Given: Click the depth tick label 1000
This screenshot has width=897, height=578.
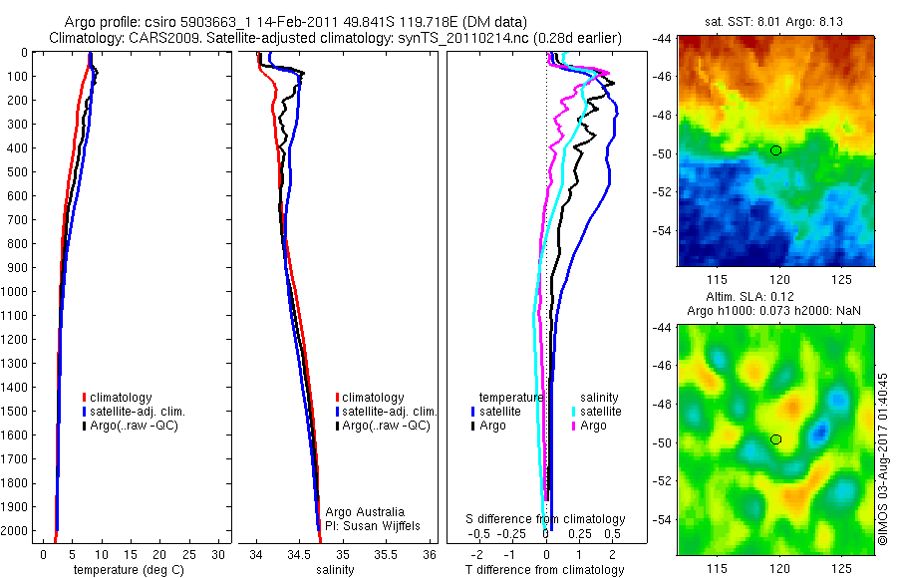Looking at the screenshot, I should coord(18,292).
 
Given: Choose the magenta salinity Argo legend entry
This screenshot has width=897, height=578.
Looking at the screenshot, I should coord(593,426).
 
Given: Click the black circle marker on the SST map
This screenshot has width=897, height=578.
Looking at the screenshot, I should coord(776,150).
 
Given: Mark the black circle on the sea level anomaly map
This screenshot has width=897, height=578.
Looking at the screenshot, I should coord(776,439).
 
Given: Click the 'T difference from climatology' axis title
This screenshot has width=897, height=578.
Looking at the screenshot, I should coord(546,570).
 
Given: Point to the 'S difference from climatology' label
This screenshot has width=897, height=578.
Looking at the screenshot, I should coord(546,519).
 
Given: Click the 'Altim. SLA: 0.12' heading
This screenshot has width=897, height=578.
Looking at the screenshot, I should coord(776,299).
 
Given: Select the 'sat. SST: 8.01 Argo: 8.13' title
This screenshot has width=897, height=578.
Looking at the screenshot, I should coord(776,22).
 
